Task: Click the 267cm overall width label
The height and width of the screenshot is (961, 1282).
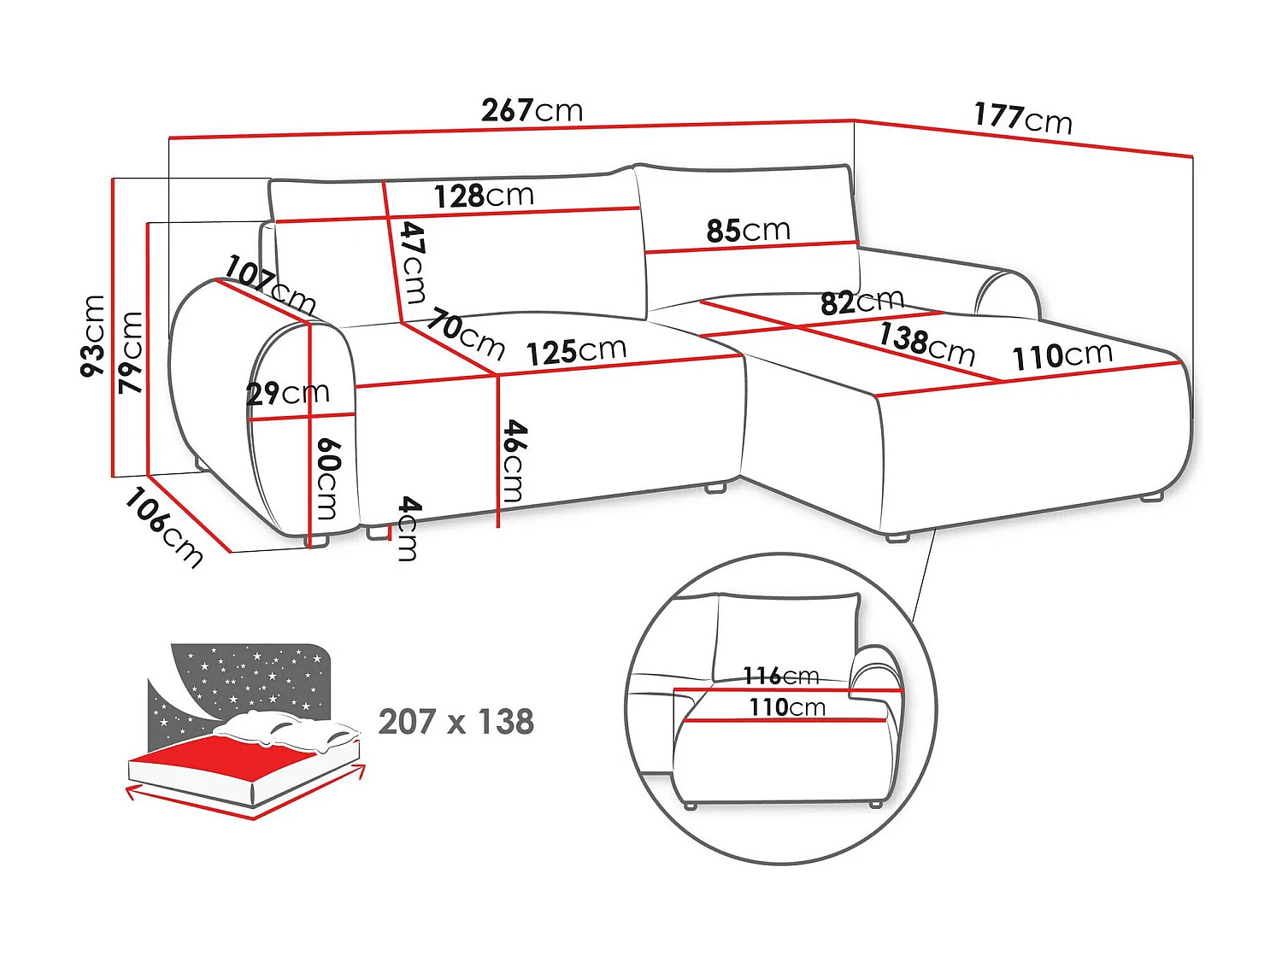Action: click(532, 110)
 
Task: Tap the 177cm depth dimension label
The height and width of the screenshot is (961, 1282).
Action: click(1022, 118)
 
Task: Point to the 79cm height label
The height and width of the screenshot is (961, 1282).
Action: click(131, 352)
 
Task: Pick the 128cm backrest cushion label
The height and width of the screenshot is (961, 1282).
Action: click(483, 196)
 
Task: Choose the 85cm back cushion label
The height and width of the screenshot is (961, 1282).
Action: click(748, 230)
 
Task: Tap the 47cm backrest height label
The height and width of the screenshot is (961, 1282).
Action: click(413, 261)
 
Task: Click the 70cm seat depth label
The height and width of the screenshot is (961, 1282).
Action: click(466, 334)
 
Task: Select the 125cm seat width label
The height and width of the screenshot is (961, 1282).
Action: click(575, 351)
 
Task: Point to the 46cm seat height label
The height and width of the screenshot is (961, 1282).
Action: click(513, 460)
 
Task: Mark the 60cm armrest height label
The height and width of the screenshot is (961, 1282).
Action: click(327, 478)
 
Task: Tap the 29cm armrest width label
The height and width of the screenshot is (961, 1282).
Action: click(287, 393)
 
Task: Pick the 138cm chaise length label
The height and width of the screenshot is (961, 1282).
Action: click(926, 343)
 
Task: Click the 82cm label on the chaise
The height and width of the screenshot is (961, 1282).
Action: click(862, 302)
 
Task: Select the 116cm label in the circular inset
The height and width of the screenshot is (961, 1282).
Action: click(780, 677)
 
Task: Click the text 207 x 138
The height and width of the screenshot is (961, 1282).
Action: click(456, 722)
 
